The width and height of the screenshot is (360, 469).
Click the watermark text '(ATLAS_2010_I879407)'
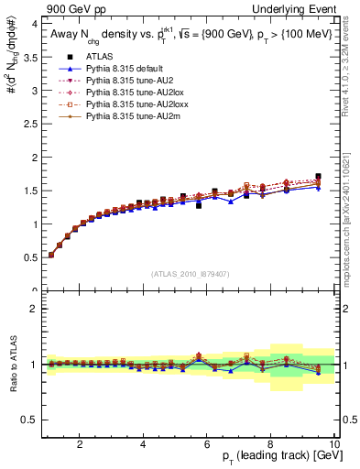point(190,274)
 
